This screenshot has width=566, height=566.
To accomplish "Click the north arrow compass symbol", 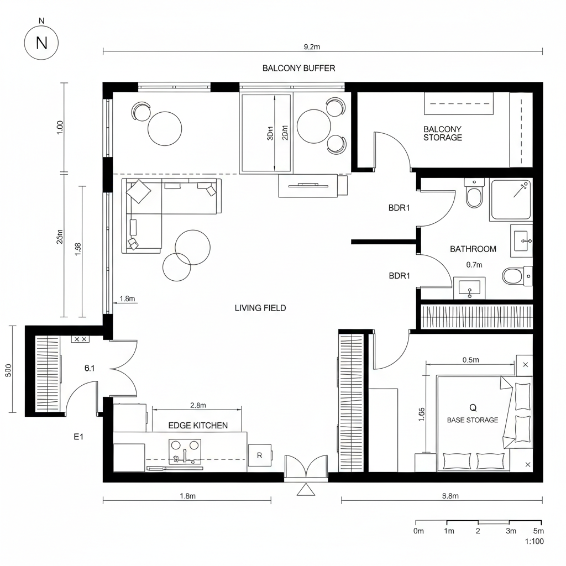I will point(41,43).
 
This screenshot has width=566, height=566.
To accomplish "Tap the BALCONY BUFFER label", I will point(298,68).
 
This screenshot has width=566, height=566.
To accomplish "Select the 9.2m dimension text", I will point(312,47).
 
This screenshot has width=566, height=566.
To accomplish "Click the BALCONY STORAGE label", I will point(442,133).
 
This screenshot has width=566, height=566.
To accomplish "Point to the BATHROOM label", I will point(473,249).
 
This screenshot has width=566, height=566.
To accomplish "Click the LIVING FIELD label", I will point(260,308).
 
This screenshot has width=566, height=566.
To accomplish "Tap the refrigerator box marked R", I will point(260,456).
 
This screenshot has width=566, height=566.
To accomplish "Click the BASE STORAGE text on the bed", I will point(473,420).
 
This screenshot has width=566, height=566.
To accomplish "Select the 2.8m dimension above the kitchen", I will point(198,405).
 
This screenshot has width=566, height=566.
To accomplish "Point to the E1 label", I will point(78,437).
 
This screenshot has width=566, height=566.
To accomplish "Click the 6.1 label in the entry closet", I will point(90,368).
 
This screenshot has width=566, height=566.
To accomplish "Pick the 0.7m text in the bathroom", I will point(474,265).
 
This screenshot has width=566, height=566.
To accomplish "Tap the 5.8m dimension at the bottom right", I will point(450,496).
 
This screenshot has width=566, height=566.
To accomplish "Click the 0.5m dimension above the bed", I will point(470,360).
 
